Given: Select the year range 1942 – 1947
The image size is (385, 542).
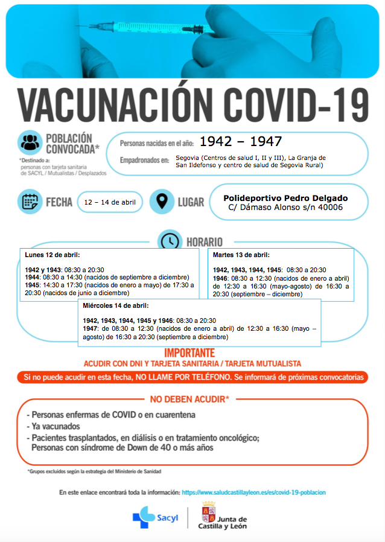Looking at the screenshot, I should (241, 141).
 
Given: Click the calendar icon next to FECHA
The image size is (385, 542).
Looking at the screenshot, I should (30, 202).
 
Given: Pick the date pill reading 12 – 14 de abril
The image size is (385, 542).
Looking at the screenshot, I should (110, 202).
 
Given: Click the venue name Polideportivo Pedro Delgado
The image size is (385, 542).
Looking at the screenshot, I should (285, 197).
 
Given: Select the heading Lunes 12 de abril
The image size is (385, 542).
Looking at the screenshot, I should (52, 255).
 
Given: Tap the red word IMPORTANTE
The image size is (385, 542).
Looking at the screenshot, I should (189, 353).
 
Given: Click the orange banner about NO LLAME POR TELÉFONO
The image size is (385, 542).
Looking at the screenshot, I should (192, 377).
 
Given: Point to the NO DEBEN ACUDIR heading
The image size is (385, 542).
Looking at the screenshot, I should (189, 400).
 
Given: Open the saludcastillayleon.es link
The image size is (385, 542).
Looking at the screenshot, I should (253, 493).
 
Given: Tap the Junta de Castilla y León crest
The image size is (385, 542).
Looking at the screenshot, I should (208, 512).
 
